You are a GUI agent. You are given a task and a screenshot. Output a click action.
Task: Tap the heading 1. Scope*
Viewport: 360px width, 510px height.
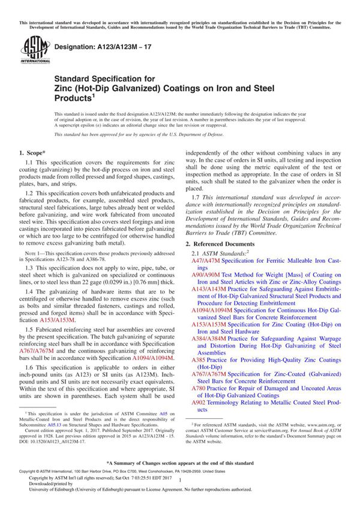[x=35, y=155]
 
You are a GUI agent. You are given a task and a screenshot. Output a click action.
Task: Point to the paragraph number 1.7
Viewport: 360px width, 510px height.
[x=196, y=197]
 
